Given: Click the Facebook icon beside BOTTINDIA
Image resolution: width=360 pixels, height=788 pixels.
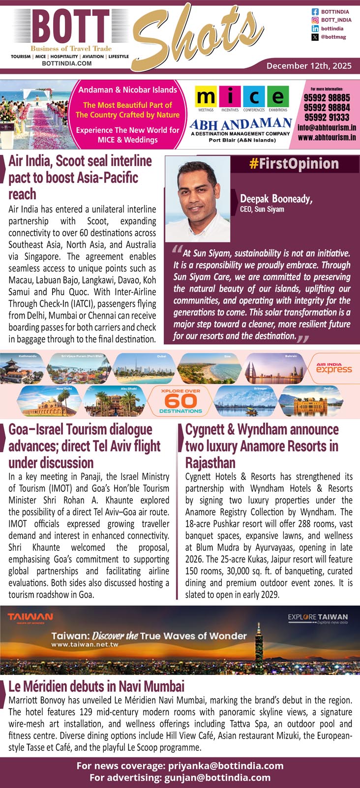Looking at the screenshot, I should point(315,11).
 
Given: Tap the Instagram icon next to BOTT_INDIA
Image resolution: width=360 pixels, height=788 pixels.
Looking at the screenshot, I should point(315,20).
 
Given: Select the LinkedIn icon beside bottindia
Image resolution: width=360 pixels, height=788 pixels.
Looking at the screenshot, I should point(315,29).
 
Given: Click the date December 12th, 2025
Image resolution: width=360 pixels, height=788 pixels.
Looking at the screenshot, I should point(309,65).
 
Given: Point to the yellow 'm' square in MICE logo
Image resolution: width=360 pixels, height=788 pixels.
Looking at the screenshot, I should point(206,97).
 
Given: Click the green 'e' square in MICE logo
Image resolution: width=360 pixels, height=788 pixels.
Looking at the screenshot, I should point(278,97).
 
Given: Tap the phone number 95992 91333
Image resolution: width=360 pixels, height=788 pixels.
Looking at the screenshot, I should point(327,117).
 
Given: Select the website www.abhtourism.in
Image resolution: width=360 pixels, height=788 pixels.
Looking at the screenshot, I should point(327,138).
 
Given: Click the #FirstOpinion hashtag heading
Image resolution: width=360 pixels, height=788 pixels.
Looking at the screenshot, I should point(294,164).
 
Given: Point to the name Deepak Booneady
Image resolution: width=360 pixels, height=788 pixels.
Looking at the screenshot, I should point(276,199).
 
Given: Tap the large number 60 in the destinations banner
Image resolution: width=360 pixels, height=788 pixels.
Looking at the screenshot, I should point(180,401).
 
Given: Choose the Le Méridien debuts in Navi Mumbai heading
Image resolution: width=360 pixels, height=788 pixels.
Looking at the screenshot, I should point(96,686).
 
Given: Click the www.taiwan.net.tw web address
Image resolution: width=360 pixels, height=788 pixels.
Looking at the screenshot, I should point(85,644).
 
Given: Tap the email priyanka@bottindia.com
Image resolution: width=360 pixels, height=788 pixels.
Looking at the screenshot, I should point(226,766).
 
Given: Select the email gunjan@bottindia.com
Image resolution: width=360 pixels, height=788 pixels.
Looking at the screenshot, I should point(220,778).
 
